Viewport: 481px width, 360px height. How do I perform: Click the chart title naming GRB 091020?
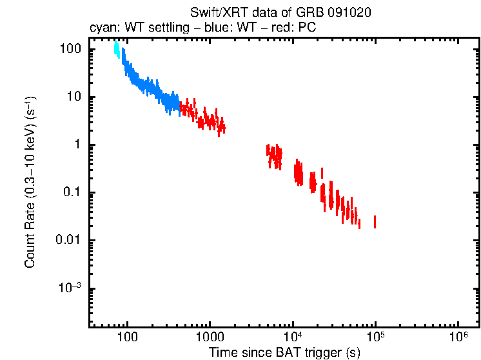click(x=280, y=13)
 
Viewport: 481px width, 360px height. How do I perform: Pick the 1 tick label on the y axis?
click(x=77, y=145)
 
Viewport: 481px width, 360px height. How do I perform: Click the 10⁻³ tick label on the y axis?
click(x=70, y=288)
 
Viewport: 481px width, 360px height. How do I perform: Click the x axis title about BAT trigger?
click(x=284, y=352)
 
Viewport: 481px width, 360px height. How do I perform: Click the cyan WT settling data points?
click(x=117, y=50)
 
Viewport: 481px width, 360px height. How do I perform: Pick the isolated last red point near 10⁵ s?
click(x=375, y=221)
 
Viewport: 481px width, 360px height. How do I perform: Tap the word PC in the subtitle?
click(x=308, y=28)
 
